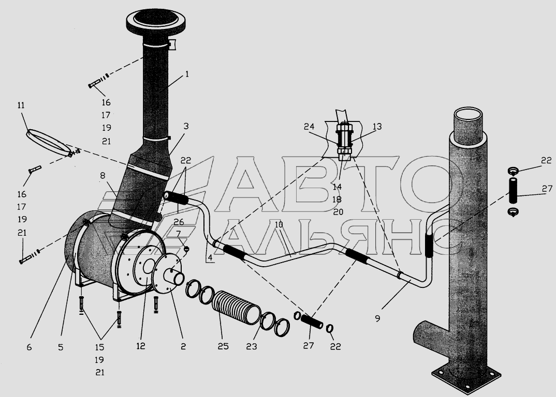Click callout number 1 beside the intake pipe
[x=186, y=74]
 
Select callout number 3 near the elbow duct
[x=186, y=126]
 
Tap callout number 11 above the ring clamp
[x=21, y=105]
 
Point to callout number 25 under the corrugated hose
[x=223, y=346]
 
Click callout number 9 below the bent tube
[x=377, y=318]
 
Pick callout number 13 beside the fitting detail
[x=377, y=127]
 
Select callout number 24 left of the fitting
[x=309, y=127]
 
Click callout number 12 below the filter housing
[x=141, y=346]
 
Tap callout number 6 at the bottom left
[x=29, y=347]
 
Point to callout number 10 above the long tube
[x=279, y=224]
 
